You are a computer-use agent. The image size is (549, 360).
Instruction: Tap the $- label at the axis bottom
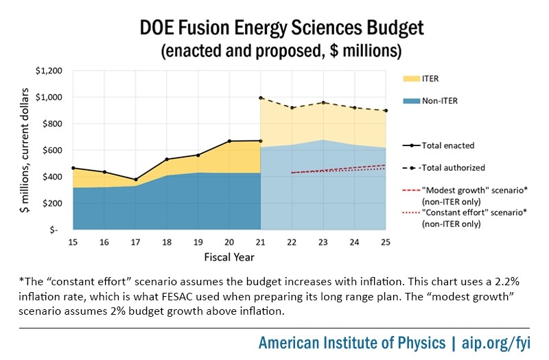(58, 230)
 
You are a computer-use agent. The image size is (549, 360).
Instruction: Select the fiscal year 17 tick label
(136, 243)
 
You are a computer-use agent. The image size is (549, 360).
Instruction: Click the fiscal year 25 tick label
(386, 243)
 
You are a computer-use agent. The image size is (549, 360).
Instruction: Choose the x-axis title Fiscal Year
(229, 258)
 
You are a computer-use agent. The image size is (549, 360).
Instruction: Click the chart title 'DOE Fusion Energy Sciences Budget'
(274, 28)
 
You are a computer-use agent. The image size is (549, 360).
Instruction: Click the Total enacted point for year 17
(136, 180)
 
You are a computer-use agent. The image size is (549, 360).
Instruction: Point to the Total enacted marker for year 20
(230, 141)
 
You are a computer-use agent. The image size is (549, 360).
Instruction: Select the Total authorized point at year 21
(261, 98)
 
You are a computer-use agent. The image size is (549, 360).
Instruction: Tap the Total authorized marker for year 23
(324, 103)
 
